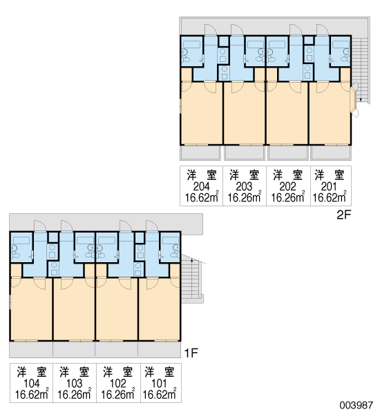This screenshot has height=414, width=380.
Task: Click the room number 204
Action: (x=202, y=187)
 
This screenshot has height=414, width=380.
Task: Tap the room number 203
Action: (x=244, y=187)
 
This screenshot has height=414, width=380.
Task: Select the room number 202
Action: (x=287, y=187)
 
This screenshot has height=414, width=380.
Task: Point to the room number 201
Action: (x=329, y=187)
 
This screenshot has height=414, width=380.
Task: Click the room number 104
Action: (x=32, y=384)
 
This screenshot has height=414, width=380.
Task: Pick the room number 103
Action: (x=75, y=384)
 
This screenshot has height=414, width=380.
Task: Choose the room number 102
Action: (x=118, y=384)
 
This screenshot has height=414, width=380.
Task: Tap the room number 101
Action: (x=159, y=384)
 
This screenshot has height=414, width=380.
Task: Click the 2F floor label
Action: (x=343, y=215)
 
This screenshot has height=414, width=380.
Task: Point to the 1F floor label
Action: (x=191, y=353)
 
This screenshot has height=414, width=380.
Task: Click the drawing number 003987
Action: (x=357, y=405)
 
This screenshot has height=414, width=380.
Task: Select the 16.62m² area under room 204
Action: (x=202, y=197)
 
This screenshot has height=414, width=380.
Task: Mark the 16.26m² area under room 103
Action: (x=75, y=394)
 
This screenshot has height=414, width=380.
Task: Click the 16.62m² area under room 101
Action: (x=160, y=394)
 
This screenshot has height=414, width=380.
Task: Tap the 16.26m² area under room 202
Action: (x=288, y=197)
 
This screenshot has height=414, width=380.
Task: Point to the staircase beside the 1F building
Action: (x=191, y=281)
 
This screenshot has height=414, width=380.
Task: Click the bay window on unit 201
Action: (x=354, y=99)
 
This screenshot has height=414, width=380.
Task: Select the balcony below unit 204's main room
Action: (x=200, y=152)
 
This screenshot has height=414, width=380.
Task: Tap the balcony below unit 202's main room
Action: (x=287, y=152)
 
